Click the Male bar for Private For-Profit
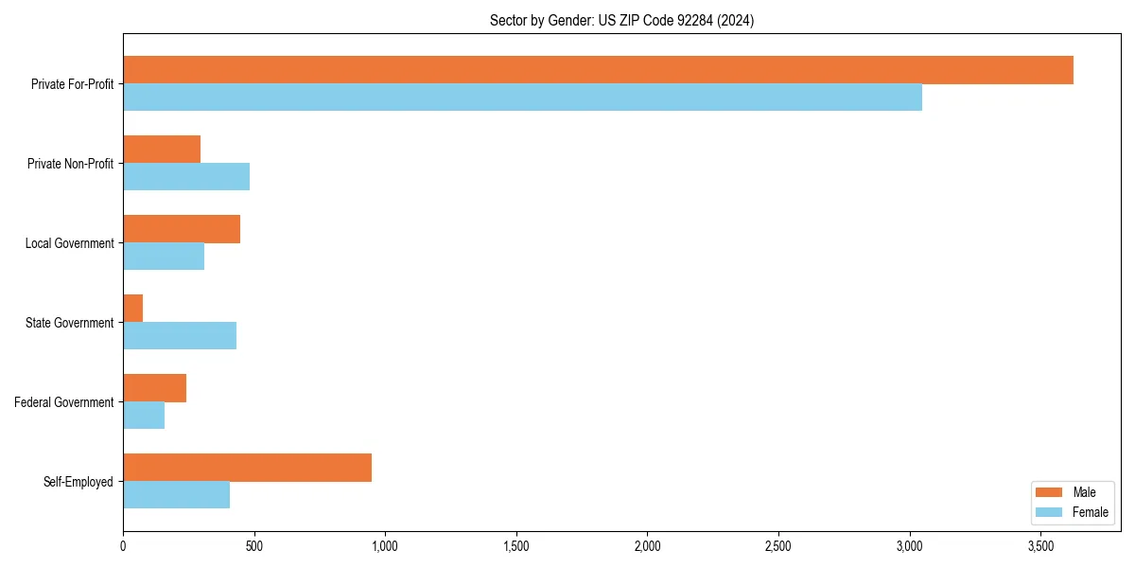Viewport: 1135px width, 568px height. pyautogui.click(x=598, y=70)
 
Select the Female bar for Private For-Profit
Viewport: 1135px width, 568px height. pyautogui.click(x=522, y=98)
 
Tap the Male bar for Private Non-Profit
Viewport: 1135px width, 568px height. pyautogui.click(x=162, y=150)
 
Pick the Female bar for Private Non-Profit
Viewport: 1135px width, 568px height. pyautogui.click(x=186, y=177)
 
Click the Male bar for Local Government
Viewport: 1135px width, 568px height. pyautogui.click(x=182, y=229)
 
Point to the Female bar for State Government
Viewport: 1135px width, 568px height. pyautogui.click(x=180, y=336)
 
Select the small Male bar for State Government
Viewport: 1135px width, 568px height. pyautogui.click(x=133, y=309)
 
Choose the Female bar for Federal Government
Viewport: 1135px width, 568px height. pyautogui.click(x=144, y=416)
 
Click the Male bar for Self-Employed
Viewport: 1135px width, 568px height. pyautogui.click(x=247, y=468)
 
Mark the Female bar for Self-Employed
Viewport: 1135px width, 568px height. pyautogui.click(x=176, y=495)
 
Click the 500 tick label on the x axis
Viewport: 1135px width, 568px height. pyautogui.click(x=253, y=546)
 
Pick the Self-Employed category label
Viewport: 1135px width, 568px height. pyautogui.click(x=79, y=482)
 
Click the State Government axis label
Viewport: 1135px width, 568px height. pyautogui.click(x=70, y=323)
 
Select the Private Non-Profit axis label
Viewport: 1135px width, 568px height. pyautogui.click(x=70, y=164)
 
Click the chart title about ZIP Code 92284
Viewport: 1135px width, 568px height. pyautogui.click(x=621, y=20)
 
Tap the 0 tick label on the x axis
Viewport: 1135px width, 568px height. pyautogui.click(x=123, y=546)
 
